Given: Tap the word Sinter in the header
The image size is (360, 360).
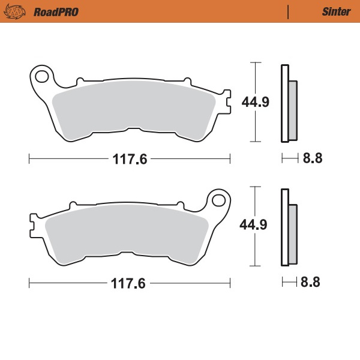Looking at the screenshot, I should pyautogui.click(x=333, y=11).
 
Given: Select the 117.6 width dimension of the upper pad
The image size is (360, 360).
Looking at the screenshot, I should pyautogui.click(x=130, y=159).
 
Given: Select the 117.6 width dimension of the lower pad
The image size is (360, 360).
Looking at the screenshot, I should pyautogui.click(x=128, y=283).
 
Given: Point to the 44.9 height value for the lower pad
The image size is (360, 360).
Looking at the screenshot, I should pyautogui.click(x=253, y=225).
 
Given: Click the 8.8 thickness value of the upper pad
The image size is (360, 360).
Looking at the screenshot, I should pyautogui.click(x=313, y=159).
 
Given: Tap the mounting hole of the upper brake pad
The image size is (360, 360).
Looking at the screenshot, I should pyautogui.click(x=41, y=76).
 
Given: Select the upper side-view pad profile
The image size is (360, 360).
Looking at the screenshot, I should pyautogui.click(x=287, y=103).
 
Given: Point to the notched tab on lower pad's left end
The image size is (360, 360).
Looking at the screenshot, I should pyautogui.click(x=34, y=226).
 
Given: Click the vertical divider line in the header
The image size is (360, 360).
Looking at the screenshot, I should pyautogui.click(x=289, y=11).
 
